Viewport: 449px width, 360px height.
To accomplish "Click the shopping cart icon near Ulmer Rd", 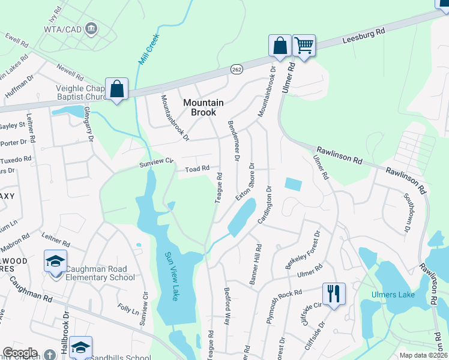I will tap(304, 45).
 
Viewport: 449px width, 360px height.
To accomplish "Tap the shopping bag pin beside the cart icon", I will tap(280, 46).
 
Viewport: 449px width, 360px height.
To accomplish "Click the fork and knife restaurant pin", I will tap(334, 294).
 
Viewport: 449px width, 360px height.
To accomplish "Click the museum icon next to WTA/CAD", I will tap(91, 28).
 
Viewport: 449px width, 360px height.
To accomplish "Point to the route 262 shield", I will tap(237, 70).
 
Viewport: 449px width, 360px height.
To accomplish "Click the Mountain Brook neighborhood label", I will tap(203, 107).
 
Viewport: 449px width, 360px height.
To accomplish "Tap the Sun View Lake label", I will tap(171, 276).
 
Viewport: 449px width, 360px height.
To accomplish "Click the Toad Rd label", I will tap(196, 169).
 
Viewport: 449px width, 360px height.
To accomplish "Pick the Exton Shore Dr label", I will tap(245, 182).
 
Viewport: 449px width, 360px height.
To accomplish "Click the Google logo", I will tap(20, 353).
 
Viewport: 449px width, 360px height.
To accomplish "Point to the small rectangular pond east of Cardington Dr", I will tap(294, 185).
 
